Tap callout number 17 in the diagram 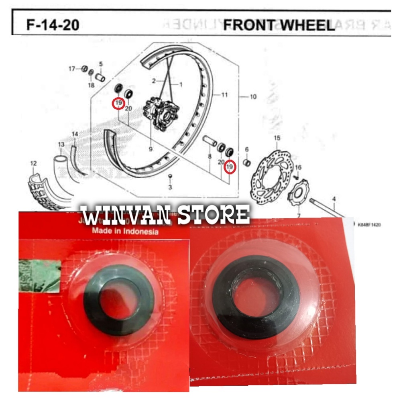72,69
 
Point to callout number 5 101,63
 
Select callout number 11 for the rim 224,95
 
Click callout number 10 253,97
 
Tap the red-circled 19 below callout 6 230,166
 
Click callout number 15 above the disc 277,138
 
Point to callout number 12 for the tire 33,163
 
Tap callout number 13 61,144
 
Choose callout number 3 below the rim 170,187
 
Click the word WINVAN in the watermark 124,216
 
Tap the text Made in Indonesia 125,231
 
